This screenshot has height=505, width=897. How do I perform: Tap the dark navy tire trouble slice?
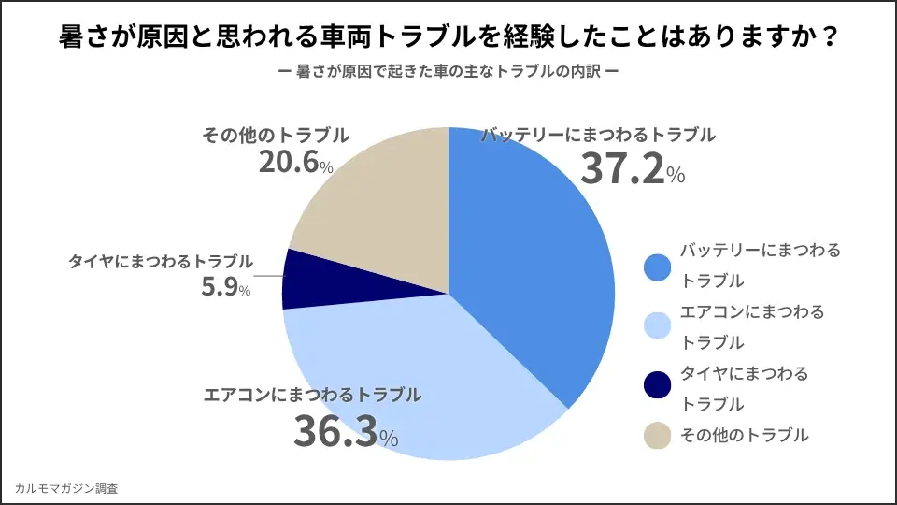[x=304, y=280]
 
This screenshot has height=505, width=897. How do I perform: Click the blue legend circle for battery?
[x=659, y=267]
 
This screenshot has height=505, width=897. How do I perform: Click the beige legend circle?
[x=659, y=436]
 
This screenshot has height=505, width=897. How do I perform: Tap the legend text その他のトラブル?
[x=744, y=436]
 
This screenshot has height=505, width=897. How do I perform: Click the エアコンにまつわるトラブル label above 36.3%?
[x=313, y=395]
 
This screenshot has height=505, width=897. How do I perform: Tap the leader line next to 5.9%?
[x=268, y=277]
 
